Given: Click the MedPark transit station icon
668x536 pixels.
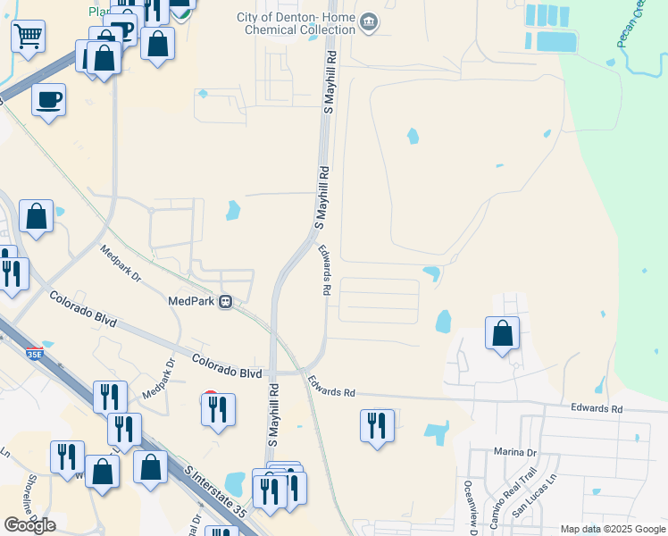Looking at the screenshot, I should point(228,301).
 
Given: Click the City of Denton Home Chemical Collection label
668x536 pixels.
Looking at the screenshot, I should point(296,24).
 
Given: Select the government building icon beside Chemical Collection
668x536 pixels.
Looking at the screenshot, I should point(367,21).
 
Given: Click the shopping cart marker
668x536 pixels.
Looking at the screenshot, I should point(28,37).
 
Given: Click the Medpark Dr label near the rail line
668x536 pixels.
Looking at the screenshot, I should point(121,264).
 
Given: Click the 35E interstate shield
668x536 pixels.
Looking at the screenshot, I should point(34,355).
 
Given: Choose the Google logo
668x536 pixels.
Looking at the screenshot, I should point(29,524).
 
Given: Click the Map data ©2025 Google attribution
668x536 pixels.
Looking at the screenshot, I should point(612,529).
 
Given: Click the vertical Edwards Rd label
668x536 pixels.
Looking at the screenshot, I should point(326,271).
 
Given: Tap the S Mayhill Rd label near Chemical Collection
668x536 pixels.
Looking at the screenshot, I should point(330,83).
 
